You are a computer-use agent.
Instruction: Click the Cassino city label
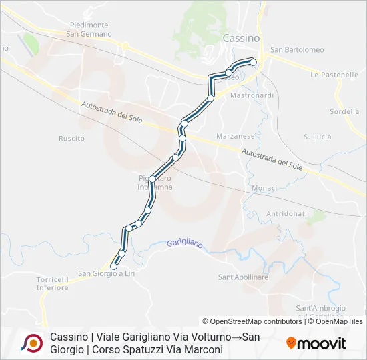[242, 39]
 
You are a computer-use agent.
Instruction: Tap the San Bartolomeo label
[297, 50]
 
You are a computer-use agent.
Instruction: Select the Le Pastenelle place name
[334, 75]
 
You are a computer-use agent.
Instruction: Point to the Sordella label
[344, 111]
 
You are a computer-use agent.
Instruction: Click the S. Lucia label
[317, 137]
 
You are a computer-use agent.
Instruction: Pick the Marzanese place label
[236, 135]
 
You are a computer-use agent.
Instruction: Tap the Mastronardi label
[252, 95]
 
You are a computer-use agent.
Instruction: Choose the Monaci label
[264, 189]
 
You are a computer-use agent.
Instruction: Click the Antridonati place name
[286, 213]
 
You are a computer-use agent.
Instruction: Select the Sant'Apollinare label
[243, 277]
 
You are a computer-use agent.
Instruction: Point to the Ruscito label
[71, 139]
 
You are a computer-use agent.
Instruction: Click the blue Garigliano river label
[185, 244]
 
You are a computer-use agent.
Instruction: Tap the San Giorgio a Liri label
[107, 273]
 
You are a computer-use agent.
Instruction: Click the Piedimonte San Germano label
[88, 29]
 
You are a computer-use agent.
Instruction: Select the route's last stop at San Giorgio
[113, 266]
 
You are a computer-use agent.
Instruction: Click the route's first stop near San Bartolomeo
[253, 62]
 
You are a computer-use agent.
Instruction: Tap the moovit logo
[316, 343]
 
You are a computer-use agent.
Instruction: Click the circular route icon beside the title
[31, 343]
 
